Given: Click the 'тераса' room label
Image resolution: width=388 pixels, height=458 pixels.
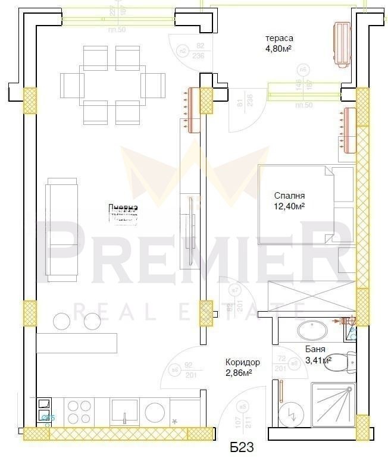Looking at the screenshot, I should pos(278,39).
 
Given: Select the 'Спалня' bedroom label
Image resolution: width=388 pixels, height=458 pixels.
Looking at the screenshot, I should pos(290,196).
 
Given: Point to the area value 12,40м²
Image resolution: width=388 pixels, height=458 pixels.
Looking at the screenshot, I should pos(290,206).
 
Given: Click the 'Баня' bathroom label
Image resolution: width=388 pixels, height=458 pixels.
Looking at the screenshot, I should pos(315,350).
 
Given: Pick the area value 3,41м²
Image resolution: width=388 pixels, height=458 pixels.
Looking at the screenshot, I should pos(318,360).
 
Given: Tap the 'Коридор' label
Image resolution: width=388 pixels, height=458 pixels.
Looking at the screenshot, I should pos(242,362).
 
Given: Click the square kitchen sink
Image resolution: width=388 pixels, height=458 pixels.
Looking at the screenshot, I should pos(124,411).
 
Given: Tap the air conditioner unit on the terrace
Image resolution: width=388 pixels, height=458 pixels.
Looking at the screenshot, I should pos(342,45).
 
